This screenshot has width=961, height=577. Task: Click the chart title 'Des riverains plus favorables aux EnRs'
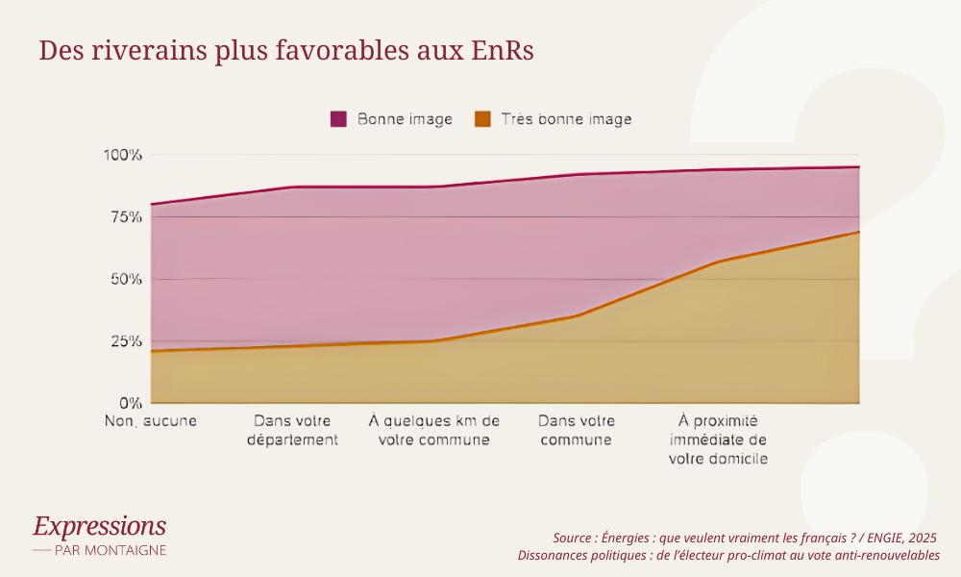coord(285,51)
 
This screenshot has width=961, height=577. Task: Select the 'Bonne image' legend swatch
coord(338,119)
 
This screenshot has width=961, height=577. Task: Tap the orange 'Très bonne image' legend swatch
coord(482,119)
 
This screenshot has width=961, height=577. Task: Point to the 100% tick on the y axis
coord(122,155)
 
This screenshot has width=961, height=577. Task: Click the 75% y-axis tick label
coord(125,217)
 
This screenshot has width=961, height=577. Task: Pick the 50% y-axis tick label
coord(125,279)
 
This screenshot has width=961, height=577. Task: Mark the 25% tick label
coord(125,341)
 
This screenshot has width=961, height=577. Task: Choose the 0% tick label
coord(130,403)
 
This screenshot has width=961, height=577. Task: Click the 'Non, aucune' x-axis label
coord(150,421)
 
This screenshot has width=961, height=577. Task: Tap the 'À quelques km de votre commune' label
coord(434,430)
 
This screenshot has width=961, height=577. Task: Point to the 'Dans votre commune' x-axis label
coord(576,430)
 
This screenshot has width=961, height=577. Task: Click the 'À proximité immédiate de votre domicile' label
coord(718,439)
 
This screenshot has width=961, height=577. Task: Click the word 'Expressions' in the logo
coord(99,526)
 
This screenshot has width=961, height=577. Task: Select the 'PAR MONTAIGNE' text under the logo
coord(110,550)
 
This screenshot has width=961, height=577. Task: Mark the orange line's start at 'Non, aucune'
coord(152,351)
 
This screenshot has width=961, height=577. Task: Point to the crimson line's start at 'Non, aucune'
coord(152,204)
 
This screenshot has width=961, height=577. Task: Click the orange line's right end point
coord(858,232)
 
